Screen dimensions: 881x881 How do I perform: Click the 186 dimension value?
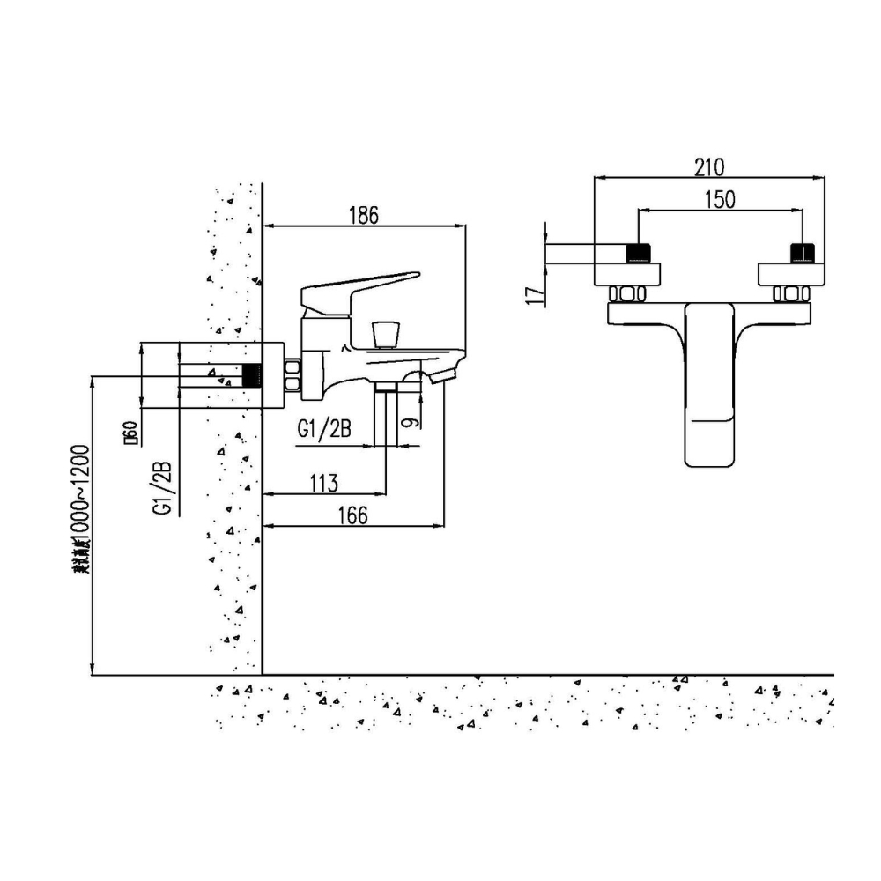(363, 214)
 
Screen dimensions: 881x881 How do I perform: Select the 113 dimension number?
(324, 482)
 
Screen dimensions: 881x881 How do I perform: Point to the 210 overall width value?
(708, 167)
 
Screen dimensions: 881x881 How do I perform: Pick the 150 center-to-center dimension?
(720, 200)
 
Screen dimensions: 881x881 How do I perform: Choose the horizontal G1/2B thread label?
(325, 431)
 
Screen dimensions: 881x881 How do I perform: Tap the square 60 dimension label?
(130, 434)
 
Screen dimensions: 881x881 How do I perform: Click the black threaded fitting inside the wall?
(253, 375)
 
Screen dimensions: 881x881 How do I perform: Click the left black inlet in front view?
(637, 253)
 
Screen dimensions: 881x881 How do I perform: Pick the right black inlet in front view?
(800, 253)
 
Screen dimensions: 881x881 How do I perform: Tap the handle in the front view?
(709, 383)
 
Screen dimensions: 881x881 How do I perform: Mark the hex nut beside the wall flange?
(292, 375)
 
